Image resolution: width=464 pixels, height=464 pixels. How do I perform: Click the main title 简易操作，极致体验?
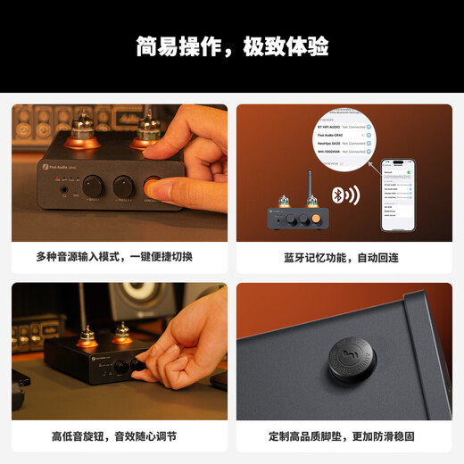coord(231,46)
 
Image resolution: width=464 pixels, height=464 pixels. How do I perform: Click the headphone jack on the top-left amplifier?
coord(63,187)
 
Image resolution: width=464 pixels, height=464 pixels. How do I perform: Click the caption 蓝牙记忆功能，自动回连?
coord(344,257)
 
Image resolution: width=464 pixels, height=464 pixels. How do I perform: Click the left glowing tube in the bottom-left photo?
coord(87,337)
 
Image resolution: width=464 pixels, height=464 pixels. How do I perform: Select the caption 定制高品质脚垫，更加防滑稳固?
coord(344,436)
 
